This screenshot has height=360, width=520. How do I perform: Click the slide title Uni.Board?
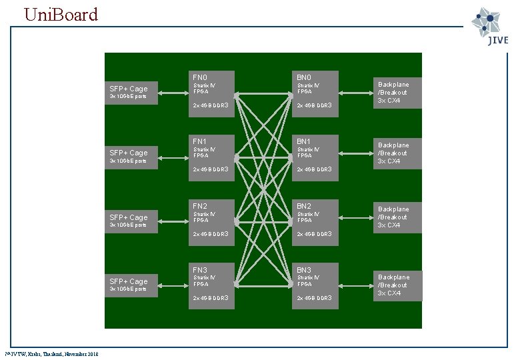click(61, 14)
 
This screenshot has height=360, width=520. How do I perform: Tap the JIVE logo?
click(491, 27)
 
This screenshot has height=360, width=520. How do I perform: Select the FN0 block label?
click(199, 77)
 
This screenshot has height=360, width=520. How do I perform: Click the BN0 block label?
click(303, 77)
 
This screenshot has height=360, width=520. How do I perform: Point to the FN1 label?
click(199, 141)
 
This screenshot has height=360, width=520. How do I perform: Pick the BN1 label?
click(303, 141)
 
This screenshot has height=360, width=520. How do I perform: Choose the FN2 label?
click(199, 206)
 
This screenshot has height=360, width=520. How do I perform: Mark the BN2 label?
click(303, 206)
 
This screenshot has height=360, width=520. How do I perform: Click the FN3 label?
click(199, 270)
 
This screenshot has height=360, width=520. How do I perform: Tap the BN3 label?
click(303, 270)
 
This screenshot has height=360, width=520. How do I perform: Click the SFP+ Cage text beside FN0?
click(129, 89)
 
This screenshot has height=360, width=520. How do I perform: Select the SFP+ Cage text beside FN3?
click(129, 281)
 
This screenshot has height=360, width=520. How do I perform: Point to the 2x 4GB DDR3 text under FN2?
click(211, 234)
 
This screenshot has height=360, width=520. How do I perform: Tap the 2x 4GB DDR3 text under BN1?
click(314, 169)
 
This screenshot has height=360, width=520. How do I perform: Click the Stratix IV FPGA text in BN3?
click(308, 281)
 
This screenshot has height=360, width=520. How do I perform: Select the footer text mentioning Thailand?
click(51, 354)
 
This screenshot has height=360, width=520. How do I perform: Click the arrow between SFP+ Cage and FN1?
click(175, 157)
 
